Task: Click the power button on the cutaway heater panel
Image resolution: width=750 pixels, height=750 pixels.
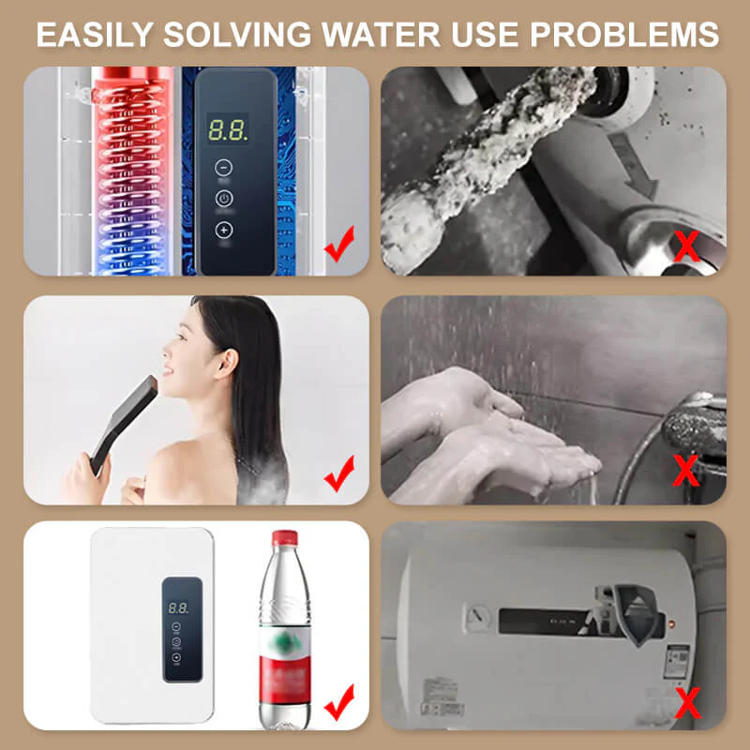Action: click(x=224, y=198)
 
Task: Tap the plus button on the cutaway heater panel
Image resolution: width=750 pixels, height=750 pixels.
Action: click(x=224, y=230)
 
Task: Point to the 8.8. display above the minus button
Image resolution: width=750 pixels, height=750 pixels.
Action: click(x=227, y=130)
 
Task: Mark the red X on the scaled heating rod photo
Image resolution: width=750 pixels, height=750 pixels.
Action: click(x=688, y=247)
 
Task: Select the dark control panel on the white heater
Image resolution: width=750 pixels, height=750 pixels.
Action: click(x=181, y=627)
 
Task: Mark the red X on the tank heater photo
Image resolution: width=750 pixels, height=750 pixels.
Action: click(x=688, y=699)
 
